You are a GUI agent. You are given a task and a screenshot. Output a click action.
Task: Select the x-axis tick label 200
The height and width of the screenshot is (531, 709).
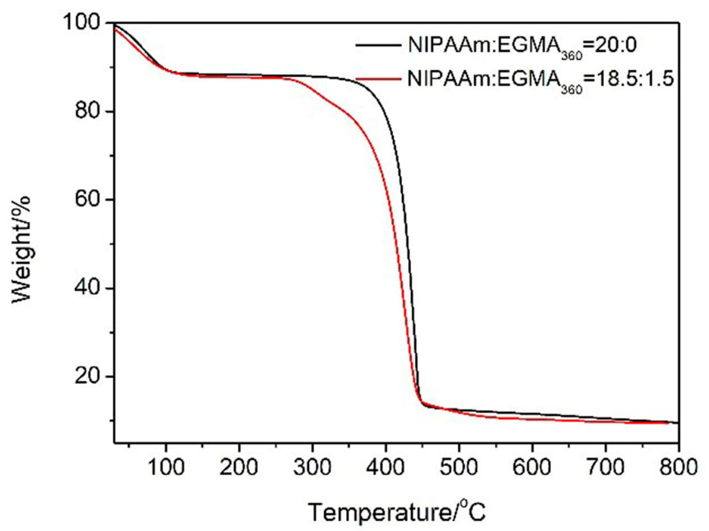pos(239,467)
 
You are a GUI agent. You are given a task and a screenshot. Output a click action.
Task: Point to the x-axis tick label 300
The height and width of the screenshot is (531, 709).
pos(312,467)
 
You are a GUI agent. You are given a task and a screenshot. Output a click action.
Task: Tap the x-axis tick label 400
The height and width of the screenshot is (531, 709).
pos(385,467)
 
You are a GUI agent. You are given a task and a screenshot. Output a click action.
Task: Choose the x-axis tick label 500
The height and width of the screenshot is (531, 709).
pos(459,467)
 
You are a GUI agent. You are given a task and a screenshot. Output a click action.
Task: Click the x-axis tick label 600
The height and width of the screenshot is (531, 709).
pos(532,467)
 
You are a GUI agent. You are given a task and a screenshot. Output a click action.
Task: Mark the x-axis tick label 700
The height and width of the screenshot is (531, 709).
pos(605,467)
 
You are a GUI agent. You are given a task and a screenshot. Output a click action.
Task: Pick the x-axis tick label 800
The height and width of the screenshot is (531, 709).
pos(678,467)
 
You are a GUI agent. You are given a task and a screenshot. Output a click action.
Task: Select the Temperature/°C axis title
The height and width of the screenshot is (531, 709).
pos(397,512)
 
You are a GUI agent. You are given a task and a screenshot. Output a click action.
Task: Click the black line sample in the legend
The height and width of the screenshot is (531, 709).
pos(378,45)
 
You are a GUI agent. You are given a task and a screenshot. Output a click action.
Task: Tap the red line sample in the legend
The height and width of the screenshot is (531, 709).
pos(378,79)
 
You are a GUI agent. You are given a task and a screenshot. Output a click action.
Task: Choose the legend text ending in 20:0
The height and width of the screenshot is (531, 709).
pos(522,45)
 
